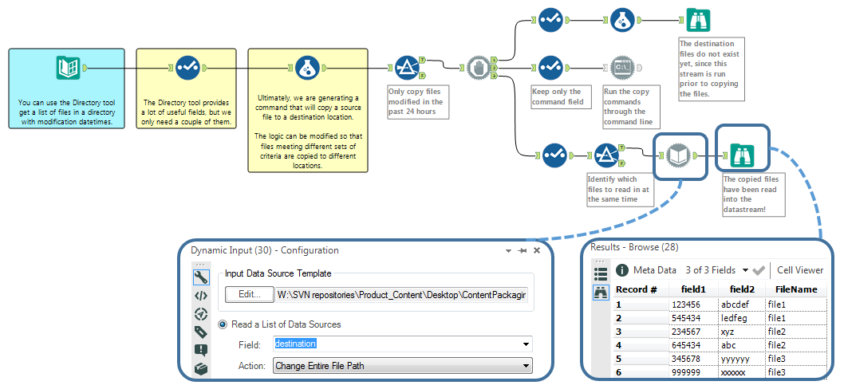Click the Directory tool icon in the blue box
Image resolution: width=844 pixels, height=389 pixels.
[68, 68]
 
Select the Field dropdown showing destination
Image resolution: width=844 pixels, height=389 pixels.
[402, 344]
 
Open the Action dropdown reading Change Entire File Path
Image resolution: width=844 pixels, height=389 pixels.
[402, 366]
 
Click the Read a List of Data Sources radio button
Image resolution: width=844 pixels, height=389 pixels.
[223, 324]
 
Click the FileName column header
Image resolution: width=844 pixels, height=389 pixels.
[791, 289]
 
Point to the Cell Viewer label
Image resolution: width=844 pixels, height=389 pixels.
[800, 270]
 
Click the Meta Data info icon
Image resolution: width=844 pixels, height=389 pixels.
[622, 270]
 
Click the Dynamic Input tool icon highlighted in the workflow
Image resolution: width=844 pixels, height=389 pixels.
[676, 155]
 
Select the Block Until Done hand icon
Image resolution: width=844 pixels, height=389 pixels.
[477, 68]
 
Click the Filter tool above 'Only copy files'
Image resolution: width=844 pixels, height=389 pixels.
[406, 68]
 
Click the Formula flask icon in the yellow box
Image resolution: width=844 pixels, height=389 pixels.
[305, 68]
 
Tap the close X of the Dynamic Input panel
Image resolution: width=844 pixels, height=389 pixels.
[536, 250]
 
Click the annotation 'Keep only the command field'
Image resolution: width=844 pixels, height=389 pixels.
[558, 96]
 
